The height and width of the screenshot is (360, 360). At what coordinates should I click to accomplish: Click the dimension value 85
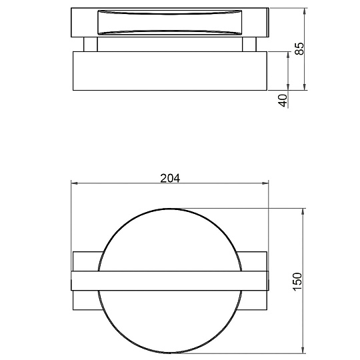pyautogui.click(x=299, y=49)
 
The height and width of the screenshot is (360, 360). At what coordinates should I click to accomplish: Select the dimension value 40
pyautogui.click(x=282, y=100)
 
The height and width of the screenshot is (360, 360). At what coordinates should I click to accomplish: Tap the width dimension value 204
pyautogui.click(x=171, y=177)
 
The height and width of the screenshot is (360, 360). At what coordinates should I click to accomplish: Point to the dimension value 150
pyautogui.click(x=298, y=281)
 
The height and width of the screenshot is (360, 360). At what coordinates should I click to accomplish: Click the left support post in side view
pyautogui.click(x=90, y=44)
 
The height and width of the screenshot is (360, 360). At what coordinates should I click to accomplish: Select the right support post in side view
pyautogui.click(x=249, y=44)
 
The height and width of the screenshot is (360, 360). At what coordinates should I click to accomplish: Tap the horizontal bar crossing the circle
pyautogui.click(x=169, y=281)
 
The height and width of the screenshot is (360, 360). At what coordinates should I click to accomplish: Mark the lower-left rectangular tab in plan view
pyautogui.click(x=85, y=301)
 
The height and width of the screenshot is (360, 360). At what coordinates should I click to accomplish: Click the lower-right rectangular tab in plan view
pyautogui.click(x=253, y=301)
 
